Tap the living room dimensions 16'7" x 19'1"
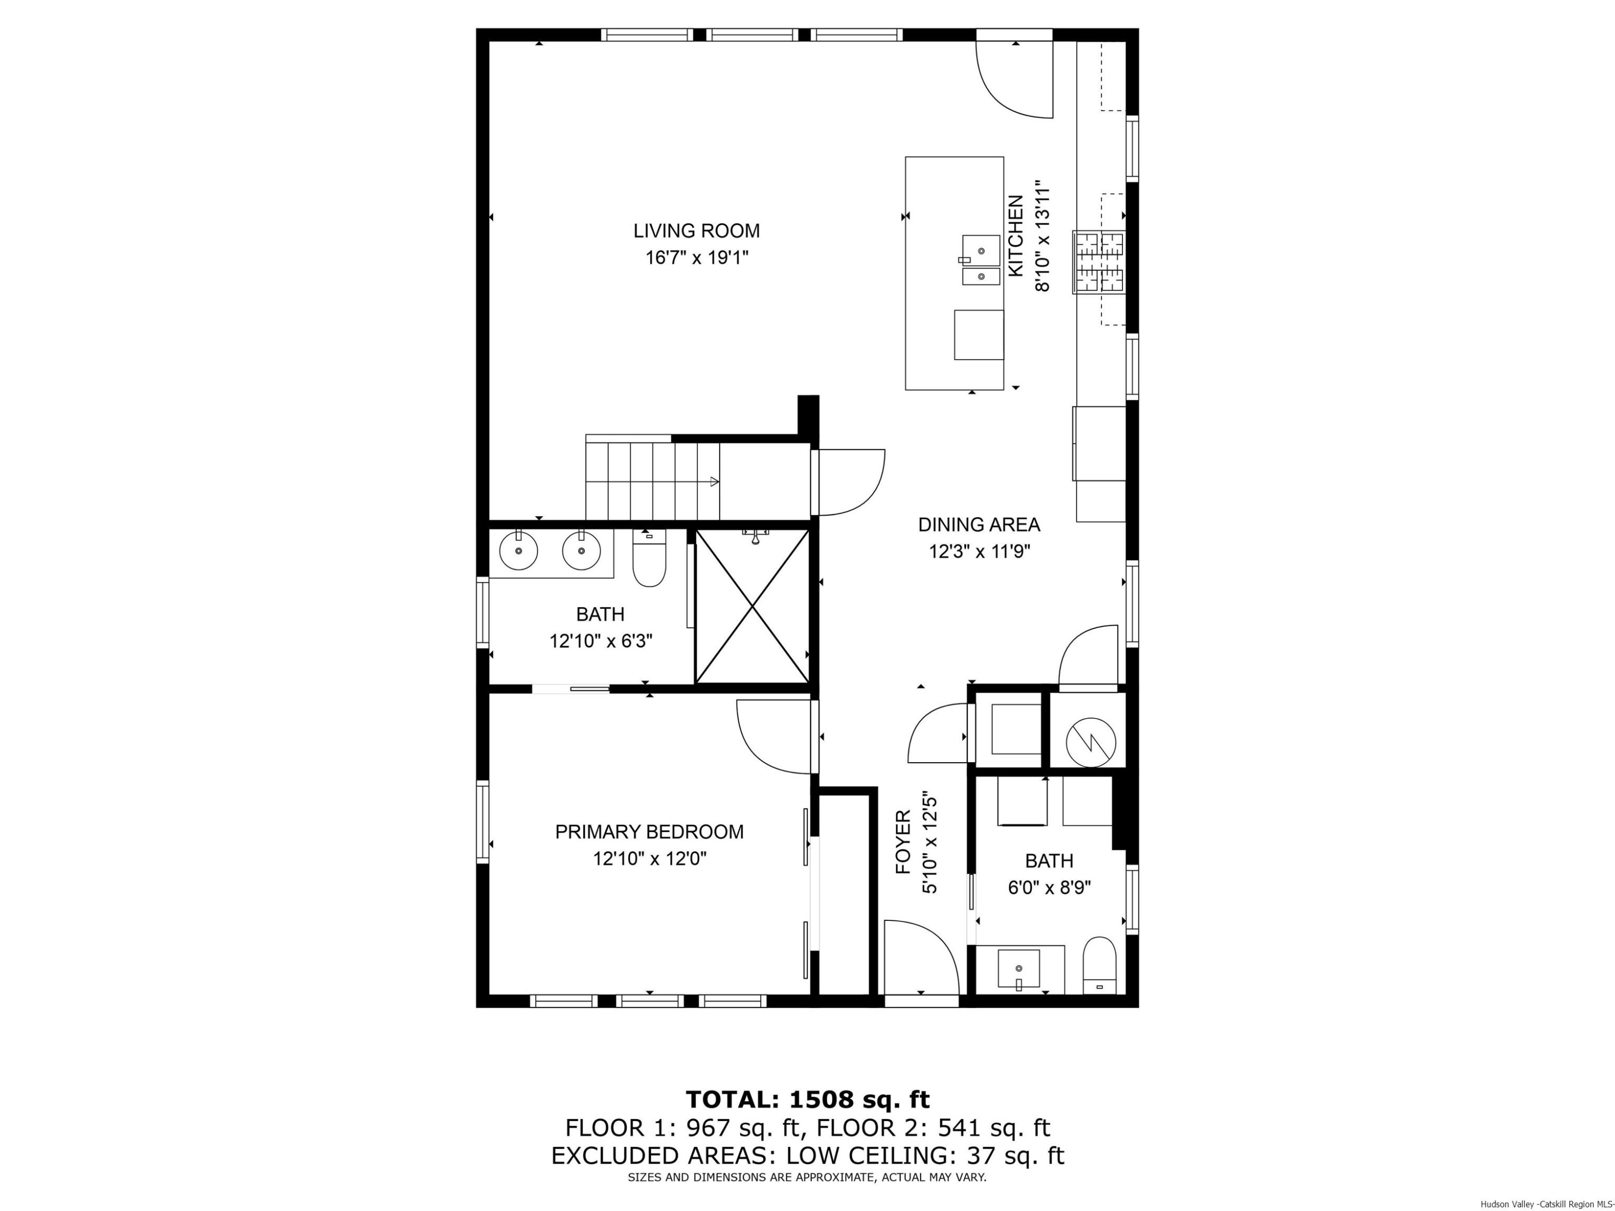(697, 258)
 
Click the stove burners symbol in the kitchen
(1099, 262)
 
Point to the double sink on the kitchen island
(980, 260)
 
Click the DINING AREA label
(978, 524)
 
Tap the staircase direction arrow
(713, 481)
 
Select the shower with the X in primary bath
(752, 607)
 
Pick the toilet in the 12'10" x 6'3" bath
(649, 561)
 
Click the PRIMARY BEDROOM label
(649, 832)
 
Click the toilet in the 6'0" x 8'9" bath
(1099, 965)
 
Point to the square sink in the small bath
(1019, 969)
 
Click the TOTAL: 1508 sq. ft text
(807, 1099)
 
